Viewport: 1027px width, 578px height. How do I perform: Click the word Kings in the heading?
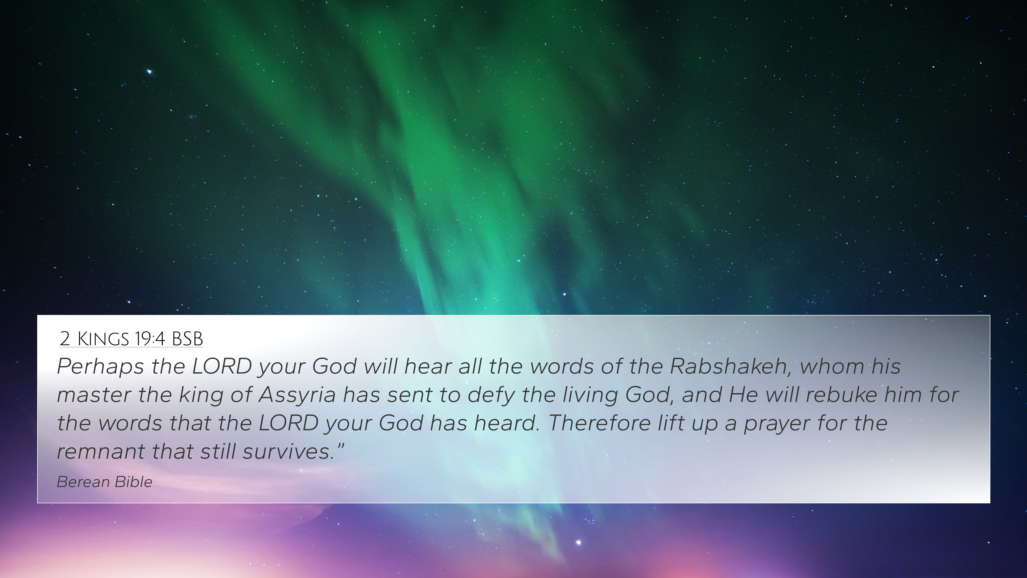[x=103, y=339]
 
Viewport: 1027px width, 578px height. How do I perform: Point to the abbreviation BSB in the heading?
[x=187, y=339]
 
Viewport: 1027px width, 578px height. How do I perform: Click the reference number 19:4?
[x=150, y=339]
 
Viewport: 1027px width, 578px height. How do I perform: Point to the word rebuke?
[x=841, y=394]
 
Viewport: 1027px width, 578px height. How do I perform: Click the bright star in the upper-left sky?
[x=150, y=72]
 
